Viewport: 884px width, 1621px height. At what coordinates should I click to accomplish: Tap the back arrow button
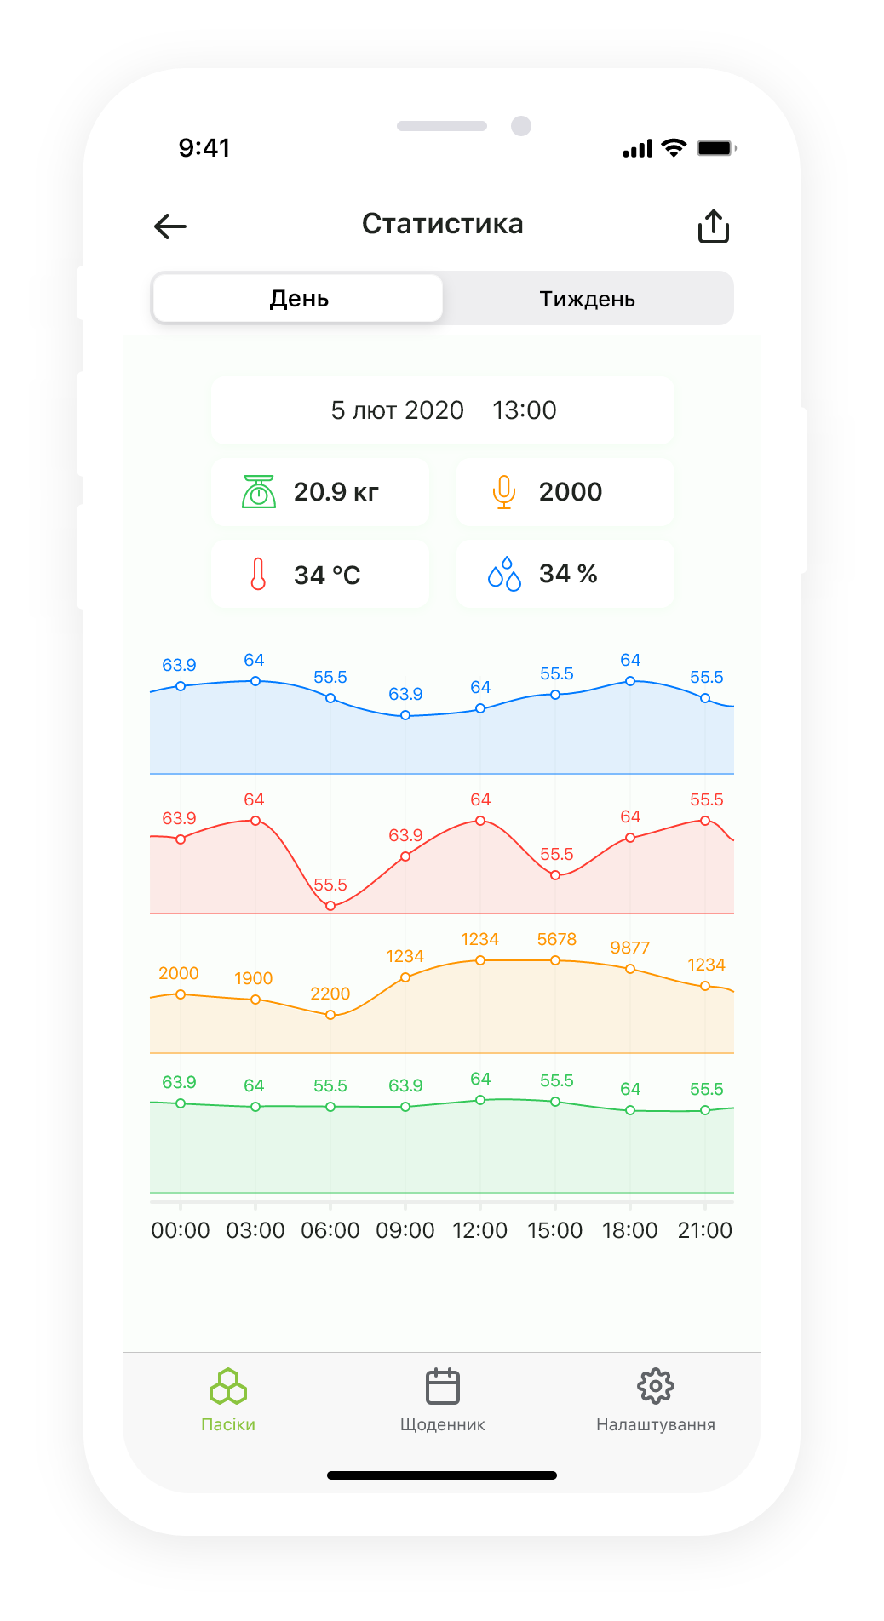pyautogui.click(x=170, y=226)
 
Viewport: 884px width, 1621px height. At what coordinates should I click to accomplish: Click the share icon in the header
pyautogui.click(x=714, y=226)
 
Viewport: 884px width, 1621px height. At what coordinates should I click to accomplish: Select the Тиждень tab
pyautogui.click(x=587, y=299)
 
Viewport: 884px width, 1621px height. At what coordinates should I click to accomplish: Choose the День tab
pyautogui.click(x=298, y=299)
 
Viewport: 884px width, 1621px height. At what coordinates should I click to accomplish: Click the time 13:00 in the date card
pyautogui.click(x=524, y=410)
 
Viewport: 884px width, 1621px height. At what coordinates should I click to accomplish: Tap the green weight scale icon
pyautogui.click(x=259, y=492)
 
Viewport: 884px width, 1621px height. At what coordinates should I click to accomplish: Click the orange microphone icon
pyautogui.click(x=504, y=492)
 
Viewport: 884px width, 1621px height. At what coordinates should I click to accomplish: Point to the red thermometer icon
pyautogui.click(x=258, y=575)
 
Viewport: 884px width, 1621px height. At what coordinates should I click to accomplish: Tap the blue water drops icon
pyautogui.click(x=504, y=575)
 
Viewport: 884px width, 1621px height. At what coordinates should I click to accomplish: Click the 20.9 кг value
pyautogui.click(x=336, y=492)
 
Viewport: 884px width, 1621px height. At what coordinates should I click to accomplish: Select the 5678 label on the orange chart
pyautogui.click(x=556, y=939)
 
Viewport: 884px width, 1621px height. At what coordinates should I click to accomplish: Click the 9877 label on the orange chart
pyautogui.click(x=629, y=948)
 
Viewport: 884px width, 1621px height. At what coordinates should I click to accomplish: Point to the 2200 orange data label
pyautogui.click(x=330, y=994)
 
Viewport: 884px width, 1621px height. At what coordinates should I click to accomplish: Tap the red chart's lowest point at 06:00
pyautogui.click(x=330, y=906)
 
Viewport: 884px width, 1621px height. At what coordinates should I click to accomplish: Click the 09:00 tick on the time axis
pyautogui.click(x=405, y=1230)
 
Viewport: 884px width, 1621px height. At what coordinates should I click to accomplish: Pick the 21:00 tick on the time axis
pyautogui.click(x=704, y=1230)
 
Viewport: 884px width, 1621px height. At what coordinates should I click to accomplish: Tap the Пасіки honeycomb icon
pyautogui.click(x=228, y=1387)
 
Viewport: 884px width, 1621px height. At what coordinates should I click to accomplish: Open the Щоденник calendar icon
pyautogui.click(x=442, y=1387)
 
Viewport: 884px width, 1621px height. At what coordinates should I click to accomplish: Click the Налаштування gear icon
pyautogui.click(x=655, y=1387)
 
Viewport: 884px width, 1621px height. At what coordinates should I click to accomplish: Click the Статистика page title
pyautogui.click(x=442, y=224)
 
